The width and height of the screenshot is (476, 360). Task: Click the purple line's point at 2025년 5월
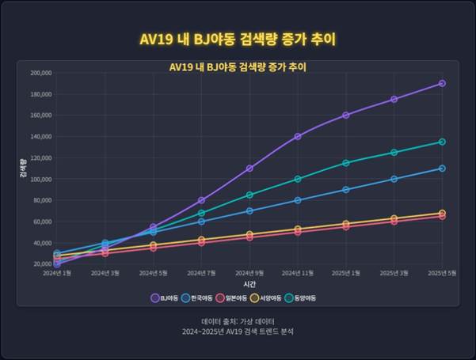click(442, 83)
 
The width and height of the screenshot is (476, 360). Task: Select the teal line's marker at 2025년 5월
click(442, 142)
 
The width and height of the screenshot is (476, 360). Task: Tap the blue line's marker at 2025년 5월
click(442, 169)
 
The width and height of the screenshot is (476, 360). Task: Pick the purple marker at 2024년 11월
click(298, 136)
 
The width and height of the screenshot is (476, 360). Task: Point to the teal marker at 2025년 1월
click(346, 163)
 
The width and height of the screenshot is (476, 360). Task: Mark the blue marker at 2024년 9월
click(249, 210)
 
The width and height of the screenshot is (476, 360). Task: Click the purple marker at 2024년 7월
click(201, 200)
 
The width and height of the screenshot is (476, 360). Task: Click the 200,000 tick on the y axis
click(40, 73)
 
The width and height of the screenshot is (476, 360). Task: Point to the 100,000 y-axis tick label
click(40, 179)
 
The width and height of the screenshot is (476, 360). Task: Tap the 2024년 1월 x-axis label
click(57, 272)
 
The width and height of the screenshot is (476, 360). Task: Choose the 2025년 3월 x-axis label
click(394, 272)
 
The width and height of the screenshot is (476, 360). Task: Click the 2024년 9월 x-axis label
click(249, 272)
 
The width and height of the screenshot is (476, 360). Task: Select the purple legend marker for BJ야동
click(154, 298)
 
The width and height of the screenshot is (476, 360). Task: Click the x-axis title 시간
click(249, 282)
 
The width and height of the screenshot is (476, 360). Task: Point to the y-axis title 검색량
click(23, 169)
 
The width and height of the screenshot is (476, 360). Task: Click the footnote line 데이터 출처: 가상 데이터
click(238, 322)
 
